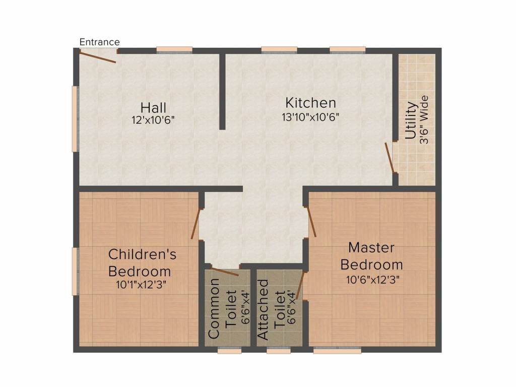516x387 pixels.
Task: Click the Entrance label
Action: [x=100, y=42]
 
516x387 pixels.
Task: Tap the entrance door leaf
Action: [x=98, y=56]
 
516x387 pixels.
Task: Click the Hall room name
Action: [x=153, y=107]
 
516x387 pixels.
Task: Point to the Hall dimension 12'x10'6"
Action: [x=153, y=120]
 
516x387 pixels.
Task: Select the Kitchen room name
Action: [x=310, y=103]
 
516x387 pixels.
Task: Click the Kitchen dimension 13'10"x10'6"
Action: [x=310, y=117]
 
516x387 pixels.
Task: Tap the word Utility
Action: [x=411, y=120]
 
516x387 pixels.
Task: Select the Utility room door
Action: [x=390, y=157]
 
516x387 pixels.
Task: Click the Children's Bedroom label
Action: [x=142, y=262]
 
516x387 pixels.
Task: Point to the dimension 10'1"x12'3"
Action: [x=141, y=284]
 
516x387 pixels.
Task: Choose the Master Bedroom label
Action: [x=371, y=255]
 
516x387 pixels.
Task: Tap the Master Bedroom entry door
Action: [x=311, y=221]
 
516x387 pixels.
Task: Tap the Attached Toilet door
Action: [x=300, y=285]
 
